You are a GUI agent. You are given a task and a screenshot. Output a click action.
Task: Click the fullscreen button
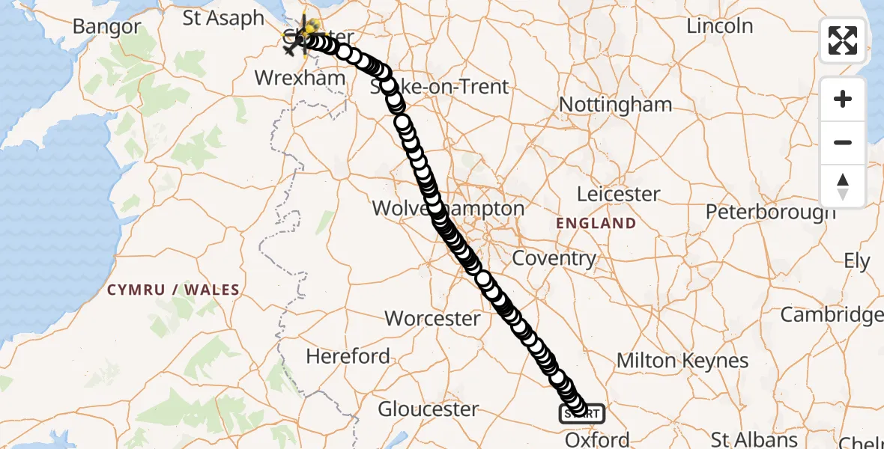point(843,40)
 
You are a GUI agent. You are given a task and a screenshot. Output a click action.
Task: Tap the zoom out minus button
point(843,142)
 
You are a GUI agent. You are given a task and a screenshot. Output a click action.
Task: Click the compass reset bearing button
point(843,186)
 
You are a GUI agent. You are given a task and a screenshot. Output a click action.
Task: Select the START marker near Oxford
point(582,413)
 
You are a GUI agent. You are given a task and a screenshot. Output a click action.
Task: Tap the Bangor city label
point(106,27)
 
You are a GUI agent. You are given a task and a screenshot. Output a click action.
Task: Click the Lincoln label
point(720,25)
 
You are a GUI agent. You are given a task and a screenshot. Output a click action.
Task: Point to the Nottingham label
point(616,105)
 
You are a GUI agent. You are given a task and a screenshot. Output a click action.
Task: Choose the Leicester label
point(618,195)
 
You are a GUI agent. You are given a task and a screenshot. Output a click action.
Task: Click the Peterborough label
point(770,212)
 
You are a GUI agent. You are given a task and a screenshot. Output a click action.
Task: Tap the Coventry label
point(554,259)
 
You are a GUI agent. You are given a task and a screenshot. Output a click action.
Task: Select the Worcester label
point(432,318)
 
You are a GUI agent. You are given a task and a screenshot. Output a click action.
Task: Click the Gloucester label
point(428,409)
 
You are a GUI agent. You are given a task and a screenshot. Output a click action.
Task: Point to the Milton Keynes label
point(682,361)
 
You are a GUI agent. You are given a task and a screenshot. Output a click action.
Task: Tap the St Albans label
point(754,439)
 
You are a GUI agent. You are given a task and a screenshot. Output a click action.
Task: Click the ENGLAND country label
point(596,223)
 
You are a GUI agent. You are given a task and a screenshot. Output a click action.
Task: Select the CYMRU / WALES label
point(173,290)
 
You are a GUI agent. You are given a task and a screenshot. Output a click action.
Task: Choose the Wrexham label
point(300,78)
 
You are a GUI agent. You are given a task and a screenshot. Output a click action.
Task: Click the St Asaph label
point(223,18)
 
